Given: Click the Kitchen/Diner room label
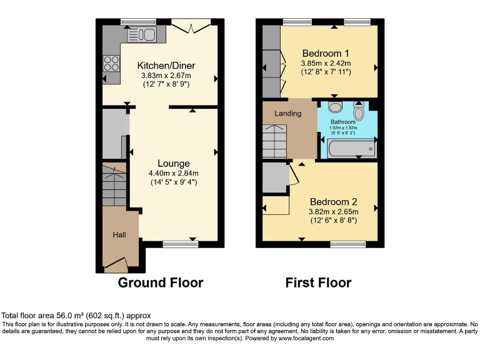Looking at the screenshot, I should point(166,66).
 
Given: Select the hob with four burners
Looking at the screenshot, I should point(111,63).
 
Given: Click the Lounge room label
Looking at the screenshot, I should point(174,164).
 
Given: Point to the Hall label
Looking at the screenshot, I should point(119,234).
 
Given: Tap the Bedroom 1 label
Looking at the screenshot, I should point(326,52).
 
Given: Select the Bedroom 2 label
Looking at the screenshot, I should point(334,202).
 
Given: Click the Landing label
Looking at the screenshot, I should point(287,113).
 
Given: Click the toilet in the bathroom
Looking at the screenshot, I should point(359,111).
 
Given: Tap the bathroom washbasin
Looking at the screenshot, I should point(334,106).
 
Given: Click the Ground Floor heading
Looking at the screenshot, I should point(161,282).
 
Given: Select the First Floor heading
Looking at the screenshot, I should point(318,282).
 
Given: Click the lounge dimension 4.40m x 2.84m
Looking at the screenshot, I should point(174,174).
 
